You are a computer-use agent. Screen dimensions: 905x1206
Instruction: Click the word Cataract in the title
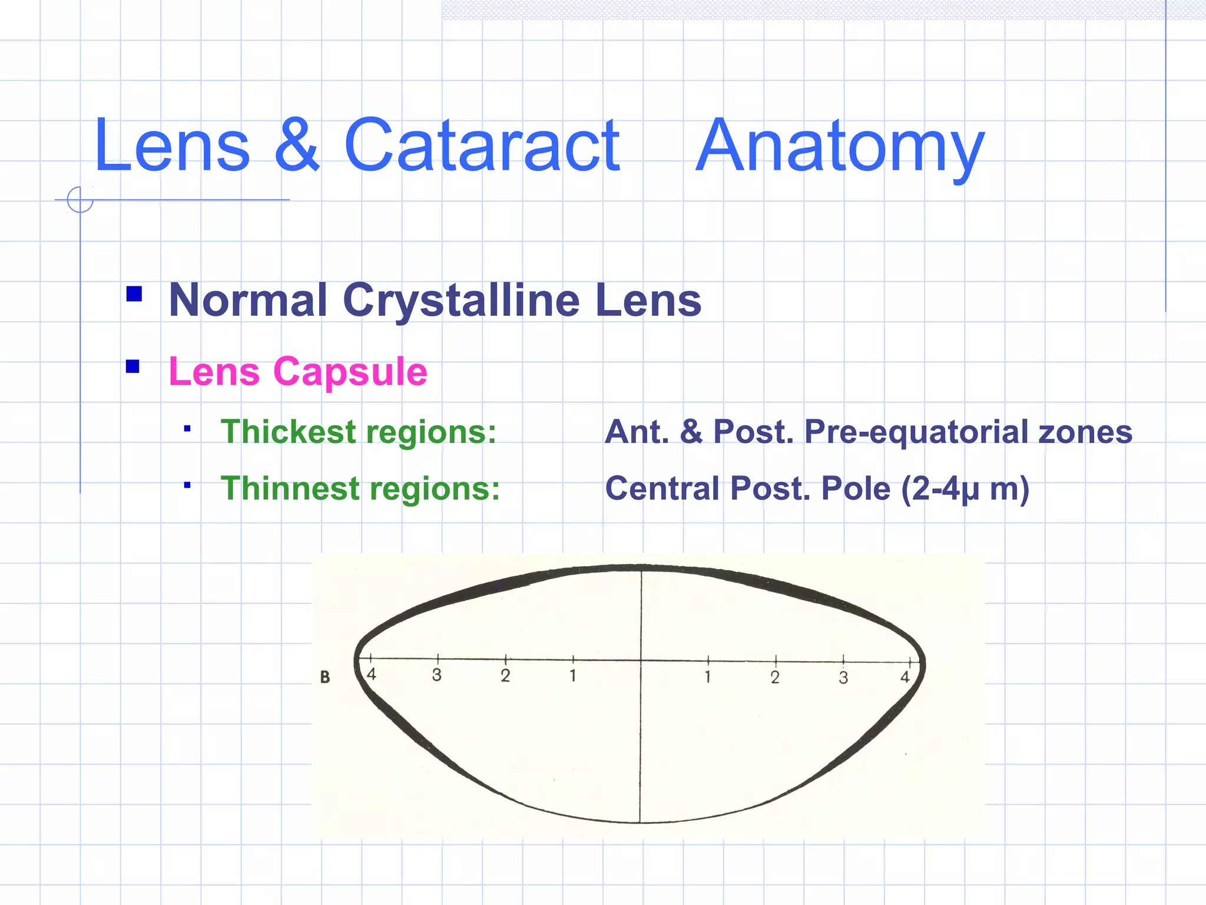482,146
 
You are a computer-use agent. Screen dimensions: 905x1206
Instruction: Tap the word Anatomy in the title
839,147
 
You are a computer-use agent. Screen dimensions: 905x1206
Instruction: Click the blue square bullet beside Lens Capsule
133,367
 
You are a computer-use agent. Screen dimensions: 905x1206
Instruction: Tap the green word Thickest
288,432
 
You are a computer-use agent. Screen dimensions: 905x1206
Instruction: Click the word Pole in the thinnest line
856,488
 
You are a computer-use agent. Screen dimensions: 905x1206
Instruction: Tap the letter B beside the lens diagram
325,677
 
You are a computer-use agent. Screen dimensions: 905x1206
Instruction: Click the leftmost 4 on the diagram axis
371,674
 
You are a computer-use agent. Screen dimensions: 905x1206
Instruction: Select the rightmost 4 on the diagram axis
905,677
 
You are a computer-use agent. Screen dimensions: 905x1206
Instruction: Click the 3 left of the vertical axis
436,675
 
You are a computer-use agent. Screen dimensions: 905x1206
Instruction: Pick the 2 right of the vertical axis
775,677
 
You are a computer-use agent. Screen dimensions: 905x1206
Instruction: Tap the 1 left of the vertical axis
572,675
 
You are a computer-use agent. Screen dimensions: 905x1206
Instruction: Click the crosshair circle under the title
80,199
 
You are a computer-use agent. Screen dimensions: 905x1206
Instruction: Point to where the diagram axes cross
641,660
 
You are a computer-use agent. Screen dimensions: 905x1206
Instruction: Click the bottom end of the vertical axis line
640,821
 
